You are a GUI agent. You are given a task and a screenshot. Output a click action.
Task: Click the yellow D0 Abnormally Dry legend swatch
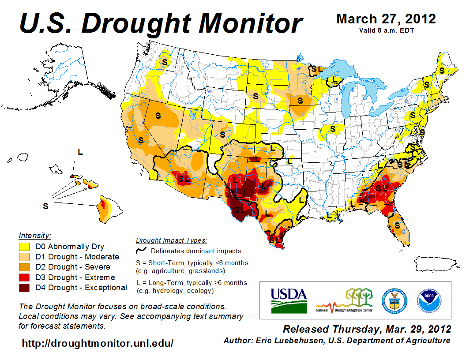(24, 247)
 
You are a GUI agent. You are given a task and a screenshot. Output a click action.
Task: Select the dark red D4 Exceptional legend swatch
(24, 288)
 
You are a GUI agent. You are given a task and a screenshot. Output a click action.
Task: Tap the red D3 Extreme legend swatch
(24, 277)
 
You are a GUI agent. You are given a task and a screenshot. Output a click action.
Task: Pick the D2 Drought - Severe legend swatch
(24, 267)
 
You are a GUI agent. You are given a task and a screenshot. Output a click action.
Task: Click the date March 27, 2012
(386, 19)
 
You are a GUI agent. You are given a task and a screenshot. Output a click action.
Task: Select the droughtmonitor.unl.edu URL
(98, 343)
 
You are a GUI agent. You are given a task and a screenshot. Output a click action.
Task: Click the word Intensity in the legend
(35, 235)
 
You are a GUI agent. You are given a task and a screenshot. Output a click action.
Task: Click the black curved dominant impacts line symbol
(141, 250)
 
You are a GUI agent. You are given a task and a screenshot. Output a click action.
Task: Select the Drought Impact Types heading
(171, 240)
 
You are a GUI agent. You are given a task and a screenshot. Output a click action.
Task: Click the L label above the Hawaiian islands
(80, 152)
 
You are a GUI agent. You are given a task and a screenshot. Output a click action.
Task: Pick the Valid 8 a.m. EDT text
(386, 30)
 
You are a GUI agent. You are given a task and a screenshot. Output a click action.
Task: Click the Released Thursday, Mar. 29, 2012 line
(367, 329)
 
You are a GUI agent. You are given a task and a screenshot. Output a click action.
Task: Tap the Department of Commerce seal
(394, 300)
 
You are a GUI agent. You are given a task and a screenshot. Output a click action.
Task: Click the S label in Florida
(397, 225)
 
